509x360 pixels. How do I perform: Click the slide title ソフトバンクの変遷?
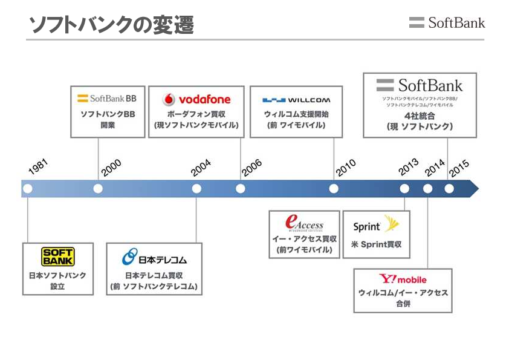tap(111, 25)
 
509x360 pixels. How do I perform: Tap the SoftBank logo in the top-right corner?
tap(447, 23)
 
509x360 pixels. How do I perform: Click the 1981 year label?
tap(37, 167)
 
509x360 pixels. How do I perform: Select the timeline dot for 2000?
tap(98, 189)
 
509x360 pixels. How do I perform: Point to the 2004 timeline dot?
tap(196, 189)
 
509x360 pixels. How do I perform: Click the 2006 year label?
tap(251, 168)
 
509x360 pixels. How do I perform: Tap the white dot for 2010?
tap(334, 189)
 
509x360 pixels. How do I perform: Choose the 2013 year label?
tap(409, 166)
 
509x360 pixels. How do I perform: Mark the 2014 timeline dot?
tap(428, 189)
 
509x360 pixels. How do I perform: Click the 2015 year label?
tap(459, 167)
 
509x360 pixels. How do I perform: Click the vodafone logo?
tap(196, 99)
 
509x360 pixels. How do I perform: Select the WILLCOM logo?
tap(296, 100)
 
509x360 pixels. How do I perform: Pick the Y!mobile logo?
tap(403, 279)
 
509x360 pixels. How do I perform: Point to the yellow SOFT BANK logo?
tap(57, 257)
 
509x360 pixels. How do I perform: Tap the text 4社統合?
tap(419, 116)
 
